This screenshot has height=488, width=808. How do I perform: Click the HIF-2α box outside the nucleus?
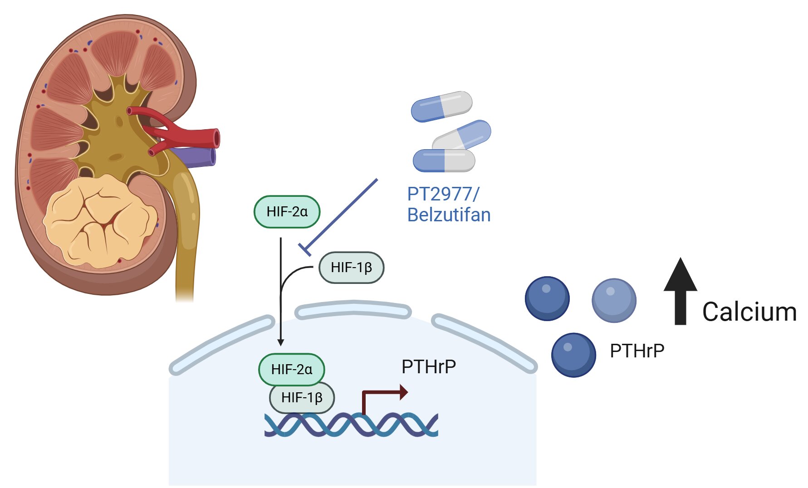point(287,211)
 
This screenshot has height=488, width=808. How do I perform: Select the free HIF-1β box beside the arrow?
point(351,268)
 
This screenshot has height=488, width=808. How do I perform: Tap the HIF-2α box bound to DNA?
point(291,369)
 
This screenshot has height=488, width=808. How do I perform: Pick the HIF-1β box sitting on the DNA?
point(302,398)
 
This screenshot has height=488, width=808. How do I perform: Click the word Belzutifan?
point(449,215)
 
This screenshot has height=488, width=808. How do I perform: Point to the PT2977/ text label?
point(443,194)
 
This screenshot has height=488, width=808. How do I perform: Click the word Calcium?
point(749,312)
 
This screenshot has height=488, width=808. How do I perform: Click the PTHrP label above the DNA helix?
point(428,366)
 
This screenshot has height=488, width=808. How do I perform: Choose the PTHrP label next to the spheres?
point(637,351)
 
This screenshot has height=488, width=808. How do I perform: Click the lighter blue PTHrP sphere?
point(614,300)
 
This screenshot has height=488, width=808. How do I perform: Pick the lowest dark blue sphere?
point(573,355)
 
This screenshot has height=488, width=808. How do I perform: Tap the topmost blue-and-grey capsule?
point(441,106)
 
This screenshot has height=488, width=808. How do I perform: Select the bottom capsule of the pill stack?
point(444,161)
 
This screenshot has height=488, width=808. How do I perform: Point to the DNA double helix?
point(351,425)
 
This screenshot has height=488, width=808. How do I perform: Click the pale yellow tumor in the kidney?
point(100,220)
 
